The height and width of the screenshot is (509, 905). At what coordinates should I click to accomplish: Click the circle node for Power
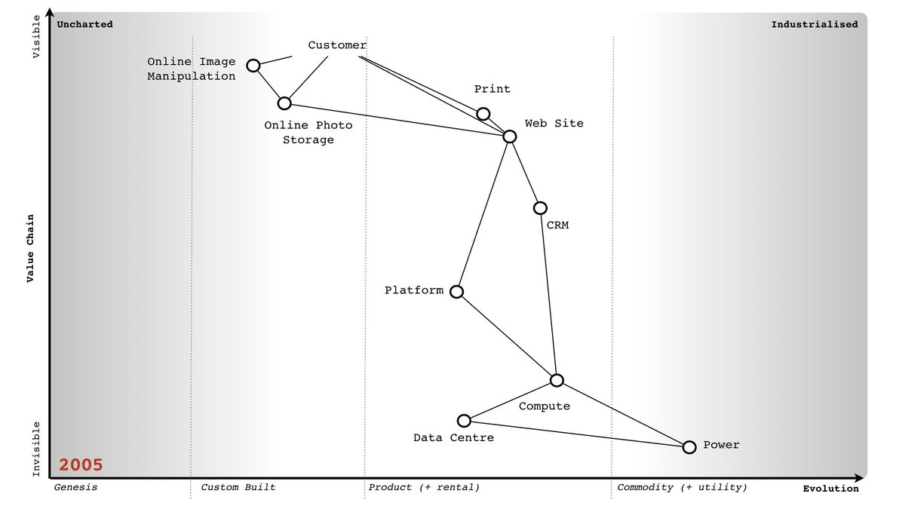689,447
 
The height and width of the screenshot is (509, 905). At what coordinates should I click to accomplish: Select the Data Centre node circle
465,421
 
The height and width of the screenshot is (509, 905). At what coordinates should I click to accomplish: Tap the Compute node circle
557,380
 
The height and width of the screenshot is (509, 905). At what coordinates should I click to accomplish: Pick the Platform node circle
456,292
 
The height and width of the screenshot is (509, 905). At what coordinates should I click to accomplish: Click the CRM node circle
540,208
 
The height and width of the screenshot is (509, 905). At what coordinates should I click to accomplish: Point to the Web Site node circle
510,136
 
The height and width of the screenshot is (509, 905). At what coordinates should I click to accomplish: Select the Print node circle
483,114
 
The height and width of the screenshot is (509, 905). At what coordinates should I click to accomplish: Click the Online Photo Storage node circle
284,103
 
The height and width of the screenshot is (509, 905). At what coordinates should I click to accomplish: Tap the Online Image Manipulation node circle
253,66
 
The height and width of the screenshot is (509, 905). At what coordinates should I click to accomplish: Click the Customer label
337,45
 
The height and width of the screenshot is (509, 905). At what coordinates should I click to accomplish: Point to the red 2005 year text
81,465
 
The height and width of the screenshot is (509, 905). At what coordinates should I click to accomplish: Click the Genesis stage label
75,487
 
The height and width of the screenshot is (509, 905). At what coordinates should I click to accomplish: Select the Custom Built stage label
238,487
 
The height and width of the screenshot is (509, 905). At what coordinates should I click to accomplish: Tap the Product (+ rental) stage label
424,487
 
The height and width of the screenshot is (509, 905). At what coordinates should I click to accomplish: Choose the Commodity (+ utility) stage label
683,487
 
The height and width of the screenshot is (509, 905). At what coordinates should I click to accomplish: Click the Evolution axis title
830,489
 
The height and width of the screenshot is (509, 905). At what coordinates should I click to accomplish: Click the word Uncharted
85,24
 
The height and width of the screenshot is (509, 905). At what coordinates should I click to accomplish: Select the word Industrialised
814,24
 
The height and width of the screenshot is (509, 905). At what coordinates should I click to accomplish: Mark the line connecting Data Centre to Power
576,434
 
